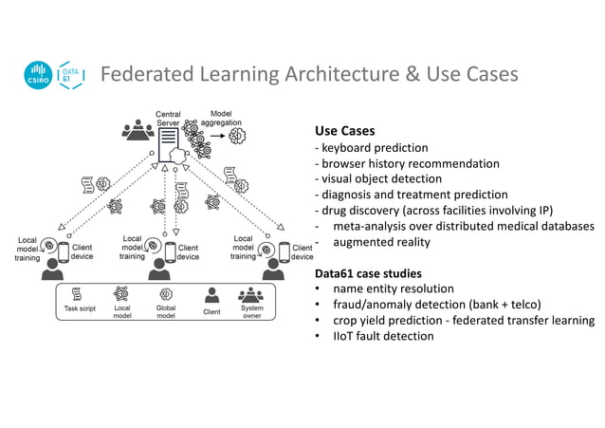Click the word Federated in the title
148,74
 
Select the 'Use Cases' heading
344,131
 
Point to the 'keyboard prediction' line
375,148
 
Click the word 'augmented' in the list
360,242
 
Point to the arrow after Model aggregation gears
216,137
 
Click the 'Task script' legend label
81,309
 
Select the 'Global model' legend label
165,313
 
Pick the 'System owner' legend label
252,313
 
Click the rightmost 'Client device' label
302,252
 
